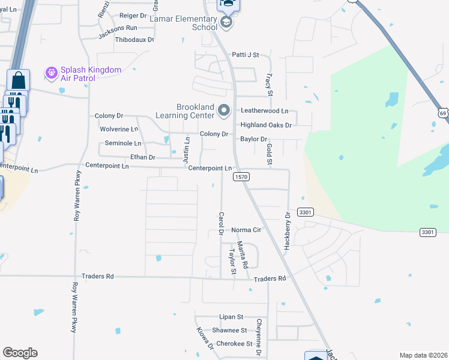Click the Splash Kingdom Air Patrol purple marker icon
click(x=52, y=73)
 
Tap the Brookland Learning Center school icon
click(x=224, y=110)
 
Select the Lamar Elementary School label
click(x=187, y=23)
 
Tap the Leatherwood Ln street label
click(x=265, y=111)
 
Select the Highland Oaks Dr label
click(x=266, y=125)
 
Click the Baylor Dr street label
click(x=253, y=139)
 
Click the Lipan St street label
click(x=231, y=317)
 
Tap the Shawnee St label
click(x=229, y=331)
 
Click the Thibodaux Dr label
click(x=134, y=40)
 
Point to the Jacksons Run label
click(x=118, y=28)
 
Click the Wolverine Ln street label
click(x=119, y=129)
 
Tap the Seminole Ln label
click(x=123, y=143)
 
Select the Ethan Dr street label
click(x=143, y=157)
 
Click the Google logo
click(x=20, y=353)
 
